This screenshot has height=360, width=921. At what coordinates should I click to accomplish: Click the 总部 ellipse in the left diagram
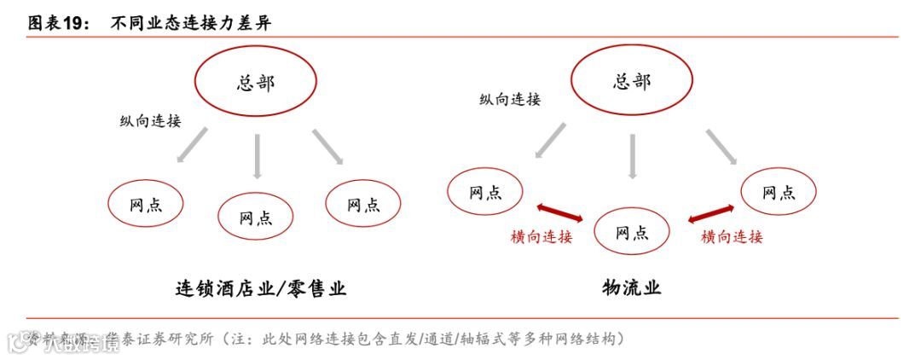tap(255, 83)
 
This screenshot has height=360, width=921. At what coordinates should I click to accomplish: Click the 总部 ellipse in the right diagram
tap(631, 80)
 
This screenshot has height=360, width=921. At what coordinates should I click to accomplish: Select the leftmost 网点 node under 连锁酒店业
tap(145, 205)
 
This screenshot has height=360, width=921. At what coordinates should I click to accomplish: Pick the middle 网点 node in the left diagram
tap(256, 217)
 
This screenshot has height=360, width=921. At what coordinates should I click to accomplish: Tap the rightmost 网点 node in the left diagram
tap(364, 205)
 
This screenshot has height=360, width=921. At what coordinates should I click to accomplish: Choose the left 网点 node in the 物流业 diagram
tap(485, 192)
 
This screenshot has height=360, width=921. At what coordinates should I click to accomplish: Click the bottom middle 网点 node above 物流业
tap(631, 232)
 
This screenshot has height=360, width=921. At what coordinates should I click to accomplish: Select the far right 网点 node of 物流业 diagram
tap(779, 192)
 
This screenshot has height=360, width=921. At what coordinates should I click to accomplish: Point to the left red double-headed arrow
tap(559, 212)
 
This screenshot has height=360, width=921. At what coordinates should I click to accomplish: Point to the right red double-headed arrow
tap(710, 212)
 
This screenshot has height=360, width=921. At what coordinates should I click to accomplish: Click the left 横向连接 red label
tap(542, 237)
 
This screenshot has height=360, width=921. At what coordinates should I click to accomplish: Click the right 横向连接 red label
tap(732, 237)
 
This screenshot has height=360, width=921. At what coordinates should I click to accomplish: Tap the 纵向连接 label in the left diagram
tap(150, 121)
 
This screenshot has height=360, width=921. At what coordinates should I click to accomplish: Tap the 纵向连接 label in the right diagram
tap(510, 100)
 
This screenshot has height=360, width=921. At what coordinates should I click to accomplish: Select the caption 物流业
tap(631, 287)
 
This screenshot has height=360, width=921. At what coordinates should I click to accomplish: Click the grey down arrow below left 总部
tap(257, 155)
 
